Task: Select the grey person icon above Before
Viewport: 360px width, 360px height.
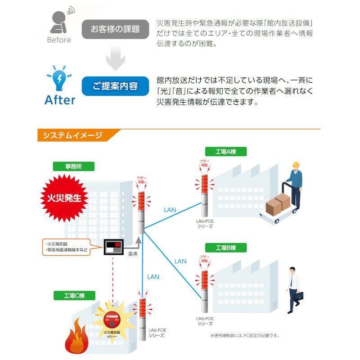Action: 59,21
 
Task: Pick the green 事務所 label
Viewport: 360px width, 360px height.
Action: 74,166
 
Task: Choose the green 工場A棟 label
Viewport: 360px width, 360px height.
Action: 225,152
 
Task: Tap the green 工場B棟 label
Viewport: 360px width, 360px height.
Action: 225,248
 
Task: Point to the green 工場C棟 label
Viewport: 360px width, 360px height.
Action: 74,296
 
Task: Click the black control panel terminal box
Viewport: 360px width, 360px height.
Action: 113,247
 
